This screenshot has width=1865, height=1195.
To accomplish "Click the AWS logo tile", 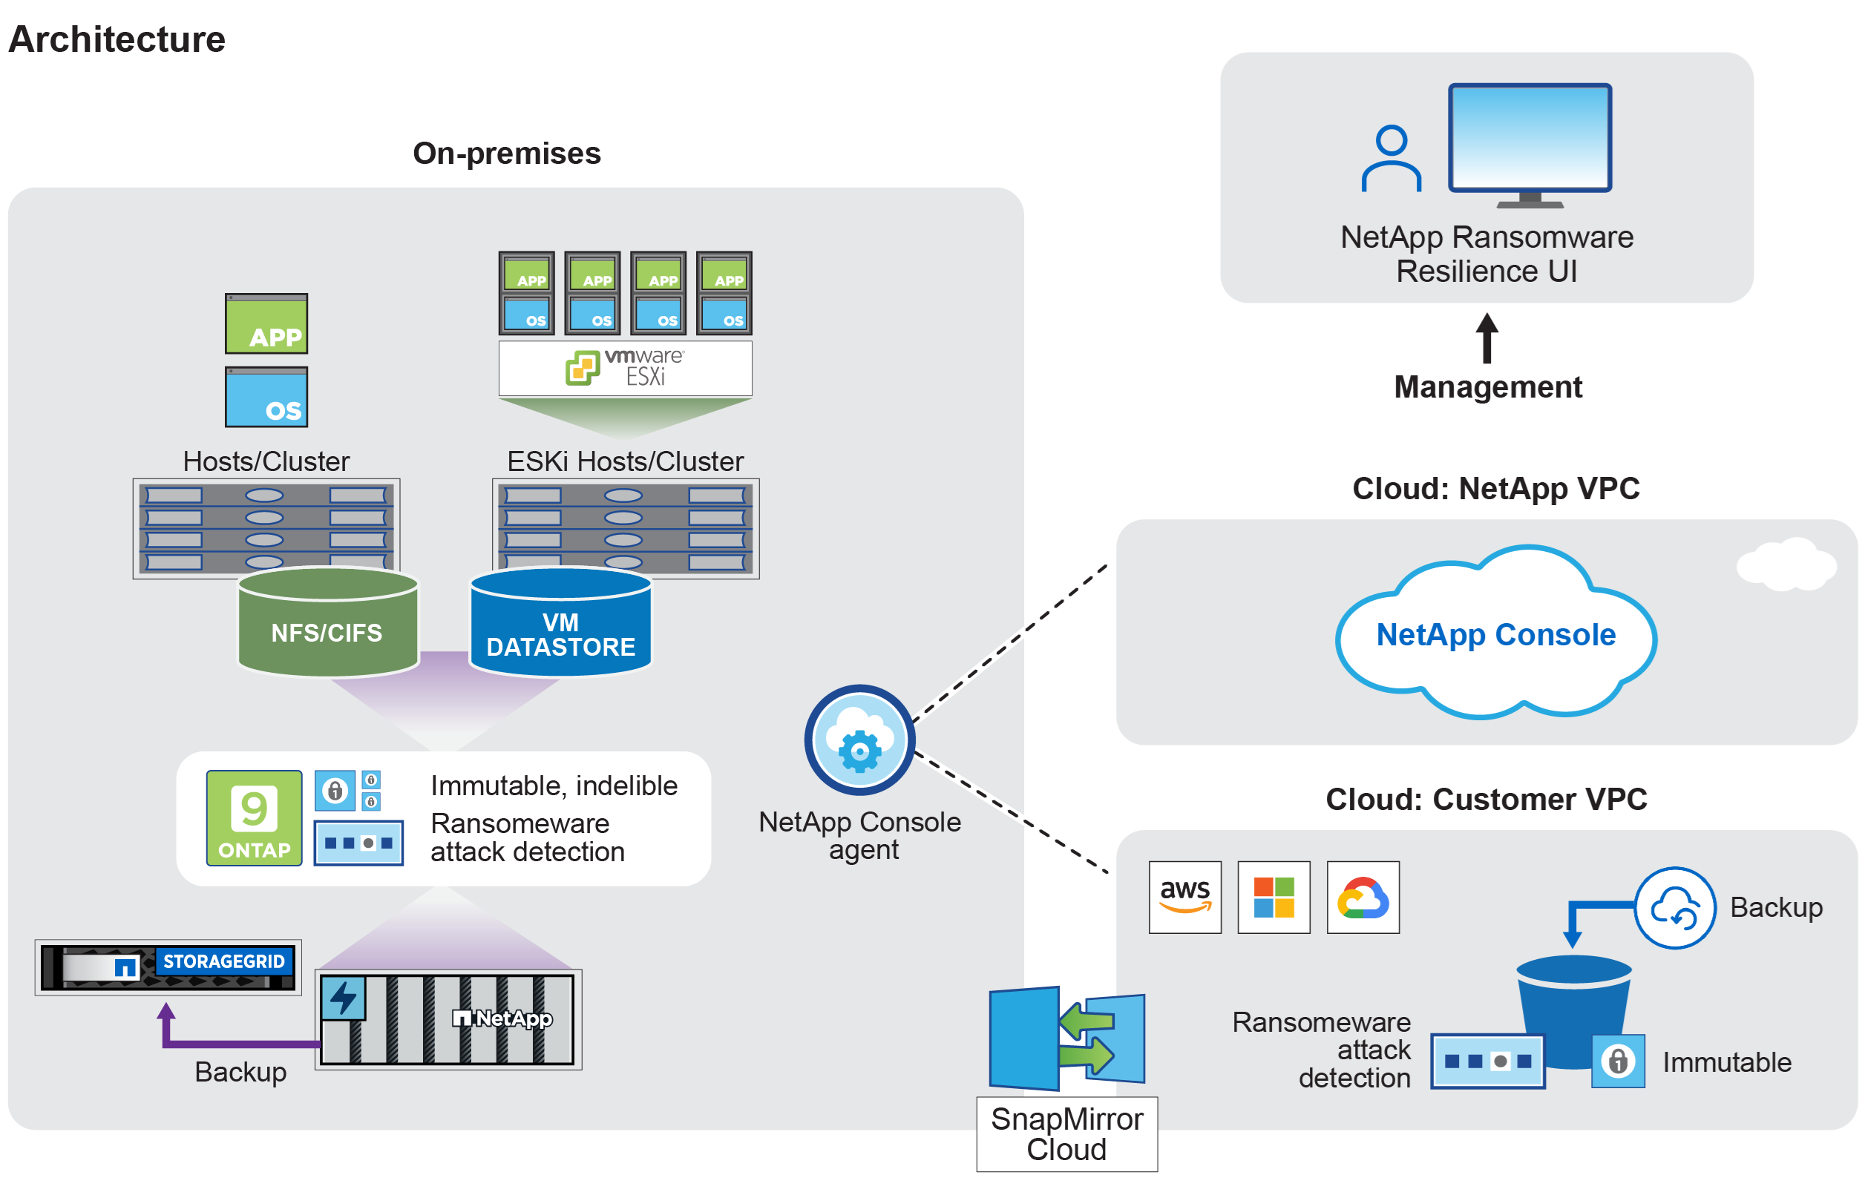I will (x=1184, y=897).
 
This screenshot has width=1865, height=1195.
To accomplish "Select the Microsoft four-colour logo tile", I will (x=1273, y=897).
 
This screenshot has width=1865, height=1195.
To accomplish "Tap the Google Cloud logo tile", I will (x=1362, y=897).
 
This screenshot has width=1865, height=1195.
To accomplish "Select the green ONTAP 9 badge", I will (x=254, y=817).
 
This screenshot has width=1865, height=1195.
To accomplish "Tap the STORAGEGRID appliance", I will (x=168, y=967).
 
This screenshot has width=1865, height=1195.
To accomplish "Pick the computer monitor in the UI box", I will (x=1529, y=144).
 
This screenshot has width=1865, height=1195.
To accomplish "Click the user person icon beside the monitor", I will (x=1390, y=158).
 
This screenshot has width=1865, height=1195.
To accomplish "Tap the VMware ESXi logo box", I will (x=625, y=368).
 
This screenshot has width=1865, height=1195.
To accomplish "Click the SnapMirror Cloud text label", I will (x=1066, y=1133).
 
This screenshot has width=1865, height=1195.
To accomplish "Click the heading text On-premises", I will (x=506, y=153).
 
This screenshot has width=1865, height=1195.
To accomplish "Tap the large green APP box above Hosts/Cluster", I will (x=266, y=323).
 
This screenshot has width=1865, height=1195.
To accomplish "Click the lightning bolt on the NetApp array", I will (x=343, y=998).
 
